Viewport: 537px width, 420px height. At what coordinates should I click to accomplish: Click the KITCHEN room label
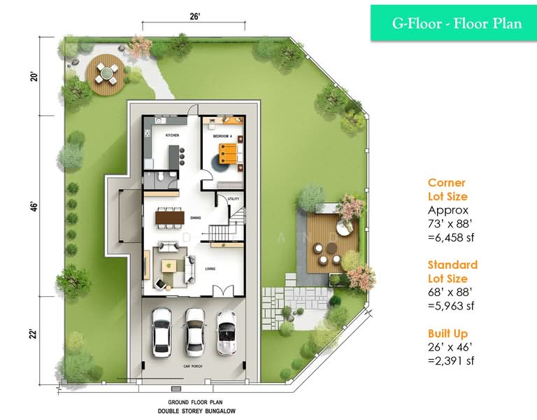click(172, 135)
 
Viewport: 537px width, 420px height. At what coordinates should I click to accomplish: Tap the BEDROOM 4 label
click(222, 135)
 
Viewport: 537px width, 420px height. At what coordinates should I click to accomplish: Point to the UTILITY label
click(233, 199)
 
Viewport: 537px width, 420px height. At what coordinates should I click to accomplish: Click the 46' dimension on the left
click(33, 207)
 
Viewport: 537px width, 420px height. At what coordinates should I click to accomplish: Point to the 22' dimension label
click(33, 336)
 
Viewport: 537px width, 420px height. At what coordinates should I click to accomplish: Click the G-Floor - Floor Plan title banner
click(456, 23)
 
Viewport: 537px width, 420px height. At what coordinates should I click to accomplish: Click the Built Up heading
click(448, 334)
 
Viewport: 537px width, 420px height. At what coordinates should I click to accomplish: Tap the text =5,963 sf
click(453, 305)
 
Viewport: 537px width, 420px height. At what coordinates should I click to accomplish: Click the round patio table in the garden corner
click(106, 70)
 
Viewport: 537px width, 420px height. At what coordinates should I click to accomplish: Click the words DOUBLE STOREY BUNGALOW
click(194, 411)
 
